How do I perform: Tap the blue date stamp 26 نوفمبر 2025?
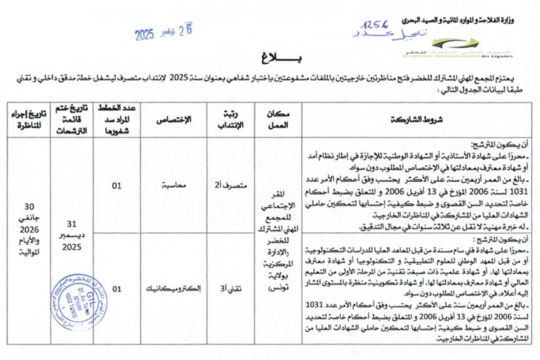[x=163, y=31]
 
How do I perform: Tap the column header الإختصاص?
[x=177, y=119]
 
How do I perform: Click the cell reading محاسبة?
[x=177, y=186]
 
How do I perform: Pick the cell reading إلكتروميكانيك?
[x=177, y=290]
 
